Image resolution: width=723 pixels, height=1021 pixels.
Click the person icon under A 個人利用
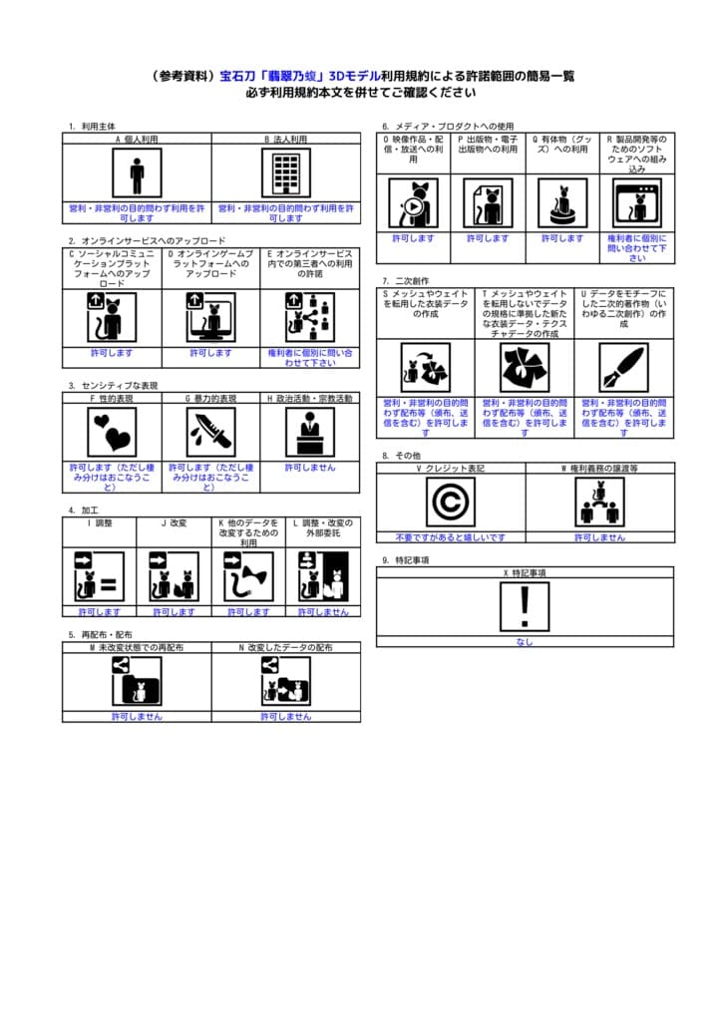[x=137, y=174]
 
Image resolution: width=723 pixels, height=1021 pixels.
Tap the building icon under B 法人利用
[x=286, y=174]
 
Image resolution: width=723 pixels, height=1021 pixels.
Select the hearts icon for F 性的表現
[x=112, y=432]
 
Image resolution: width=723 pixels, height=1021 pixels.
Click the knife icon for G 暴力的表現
[x=210, y=432]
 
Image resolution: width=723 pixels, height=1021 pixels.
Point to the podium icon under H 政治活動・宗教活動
[x=310, y=432]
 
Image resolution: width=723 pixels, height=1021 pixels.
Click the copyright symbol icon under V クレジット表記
[x=451, y=502]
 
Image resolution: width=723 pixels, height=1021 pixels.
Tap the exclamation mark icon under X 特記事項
[x=525, y=606]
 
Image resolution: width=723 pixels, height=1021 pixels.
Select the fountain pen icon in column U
[x=624, y=368]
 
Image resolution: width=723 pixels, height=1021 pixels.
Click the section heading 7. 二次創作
[x=403, y=281]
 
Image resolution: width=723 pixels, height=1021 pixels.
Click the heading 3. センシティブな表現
[x=114, y=385]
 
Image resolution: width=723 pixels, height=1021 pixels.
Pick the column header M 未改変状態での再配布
[x=137, y=647]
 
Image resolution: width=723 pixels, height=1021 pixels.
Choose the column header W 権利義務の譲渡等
[x=599, y=467]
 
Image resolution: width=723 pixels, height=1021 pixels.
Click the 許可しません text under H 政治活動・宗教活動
[x=310, y=467]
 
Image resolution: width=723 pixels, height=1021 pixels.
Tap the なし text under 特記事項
[x=525, y=642]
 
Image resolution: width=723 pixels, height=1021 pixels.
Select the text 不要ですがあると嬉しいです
[x=451, y=537]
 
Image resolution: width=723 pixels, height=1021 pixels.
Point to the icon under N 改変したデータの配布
[x=286, y=682]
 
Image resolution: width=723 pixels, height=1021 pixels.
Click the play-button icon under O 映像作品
[x=413, y=203]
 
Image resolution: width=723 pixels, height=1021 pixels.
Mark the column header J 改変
[x=174, y=522]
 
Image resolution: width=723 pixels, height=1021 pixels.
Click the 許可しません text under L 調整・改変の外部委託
[x=323, y=611]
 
